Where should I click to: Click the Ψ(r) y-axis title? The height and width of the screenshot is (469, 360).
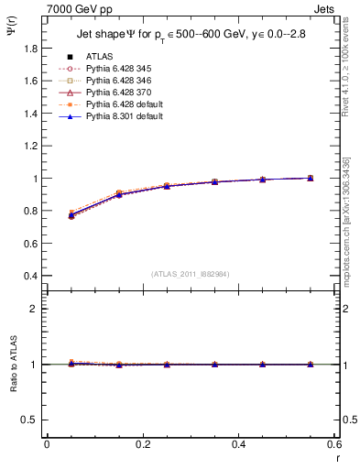[x=11, y=37]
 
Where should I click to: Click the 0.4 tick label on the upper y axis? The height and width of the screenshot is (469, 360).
[x=29, y=276]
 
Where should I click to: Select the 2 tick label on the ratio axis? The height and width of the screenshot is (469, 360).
[x=34, y=310]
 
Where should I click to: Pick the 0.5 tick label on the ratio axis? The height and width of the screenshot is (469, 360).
[x=29, y=420]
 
